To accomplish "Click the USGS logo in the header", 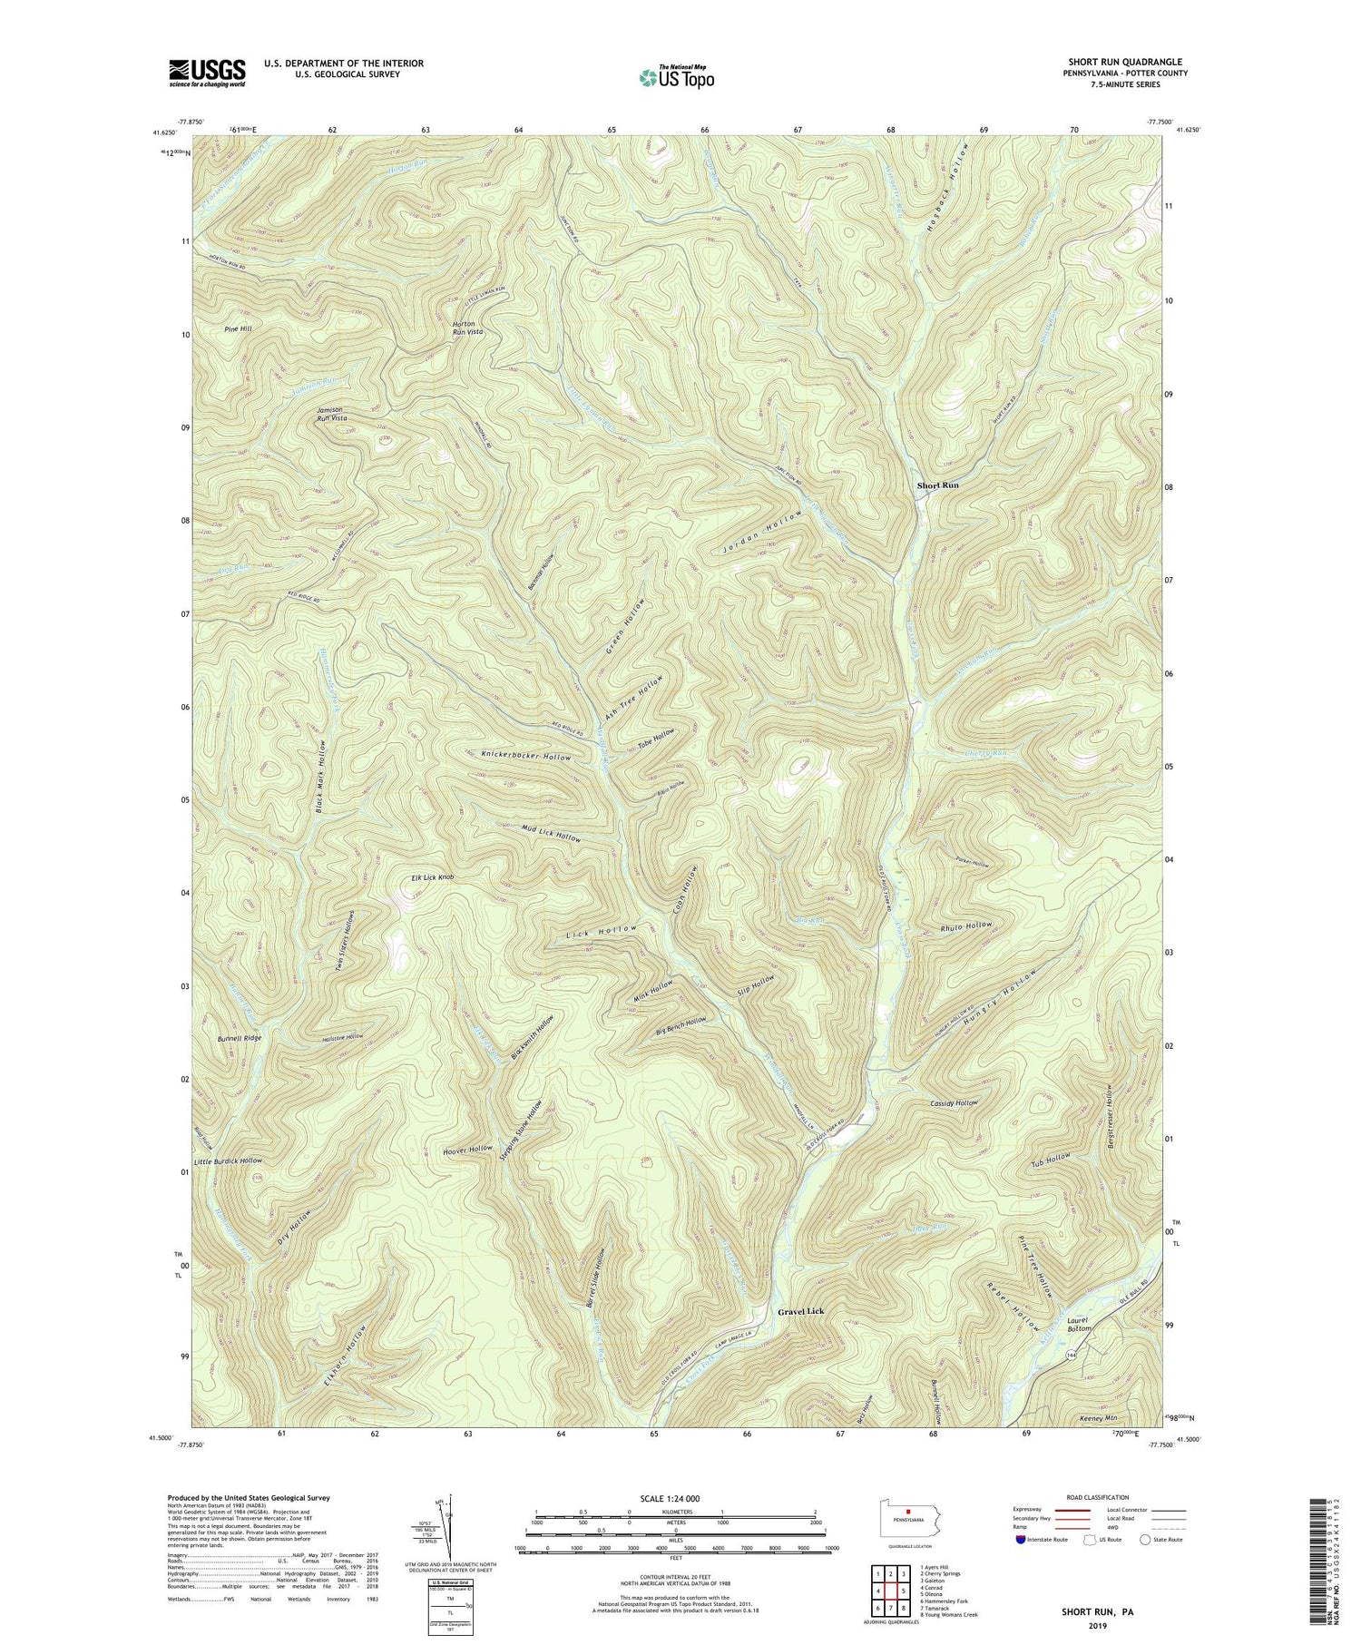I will [x=206, y=72].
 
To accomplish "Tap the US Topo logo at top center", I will [x=676, y=78].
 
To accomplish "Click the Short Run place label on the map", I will [x=937, y=485].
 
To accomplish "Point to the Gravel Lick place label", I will [x=804, y=1312].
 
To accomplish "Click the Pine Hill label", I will [x=233, y=328].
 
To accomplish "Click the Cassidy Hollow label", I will [x=954, y=1103].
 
